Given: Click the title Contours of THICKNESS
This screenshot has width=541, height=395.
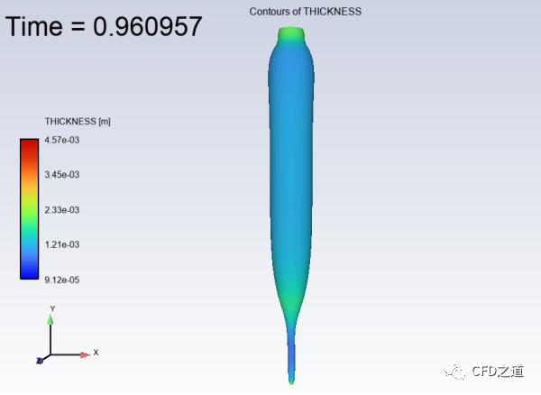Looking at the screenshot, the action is pos(306,12).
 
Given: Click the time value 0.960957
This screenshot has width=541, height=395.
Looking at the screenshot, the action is pos(147,26).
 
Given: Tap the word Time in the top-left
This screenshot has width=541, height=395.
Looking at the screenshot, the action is pos(34,26).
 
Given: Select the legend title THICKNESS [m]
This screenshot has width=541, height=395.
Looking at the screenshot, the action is pos(78,122).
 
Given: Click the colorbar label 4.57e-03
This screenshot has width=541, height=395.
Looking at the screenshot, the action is pos(62,140).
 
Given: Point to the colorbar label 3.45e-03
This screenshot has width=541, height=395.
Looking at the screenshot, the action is pos(62,175).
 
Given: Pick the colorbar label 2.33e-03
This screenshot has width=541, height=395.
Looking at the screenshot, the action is pos(62,210).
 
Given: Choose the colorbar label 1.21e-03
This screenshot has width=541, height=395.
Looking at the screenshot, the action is pos(62,244).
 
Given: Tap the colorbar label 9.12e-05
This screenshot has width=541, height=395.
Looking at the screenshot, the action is pos(62,280).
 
